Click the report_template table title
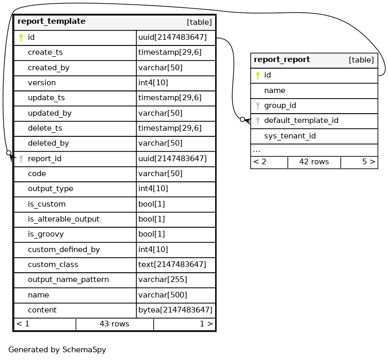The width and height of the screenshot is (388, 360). click(x=52, y=22)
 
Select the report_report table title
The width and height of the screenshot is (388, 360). click(x=282, y=59)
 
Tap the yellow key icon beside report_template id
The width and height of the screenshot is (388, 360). click(x=21, y=38)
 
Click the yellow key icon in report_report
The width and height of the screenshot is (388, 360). click(x=257, y=75)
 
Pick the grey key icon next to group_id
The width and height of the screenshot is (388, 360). click(x=257, y=106)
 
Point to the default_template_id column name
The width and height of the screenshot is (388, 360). click(x=301, y=121)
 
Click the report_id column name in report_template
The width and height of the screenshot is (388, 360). click(x=44, y=159)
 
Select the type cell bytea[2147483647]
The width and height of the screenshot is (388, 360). click(x=175, y=310)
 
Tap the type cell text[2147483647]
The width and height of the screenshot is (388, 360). click(x=172, y=264)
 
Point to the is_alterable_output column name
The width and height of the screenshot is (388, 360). click(x=63, y=219)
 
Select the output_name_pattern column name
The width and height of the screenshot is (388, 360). click(x=68, y=279)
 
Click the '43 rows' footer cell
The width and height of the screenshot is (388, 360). click(x=114, y=324)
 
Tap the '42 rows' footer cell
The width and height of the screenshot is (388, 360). click(x=314, y=162)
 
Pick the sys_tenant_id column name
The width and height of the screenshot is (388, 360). click(x=289, y=136)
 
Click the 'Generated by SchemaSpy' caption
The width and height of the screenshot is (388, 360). click(x=57, y=350)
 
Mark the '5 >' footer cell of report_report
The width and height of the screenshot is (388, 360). click(x=368, y=162)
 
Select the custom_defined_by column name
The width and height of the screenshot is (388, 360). click(x=63, y=249)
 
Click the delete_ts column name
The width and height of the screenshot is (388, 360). click(x=45, y=128)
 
